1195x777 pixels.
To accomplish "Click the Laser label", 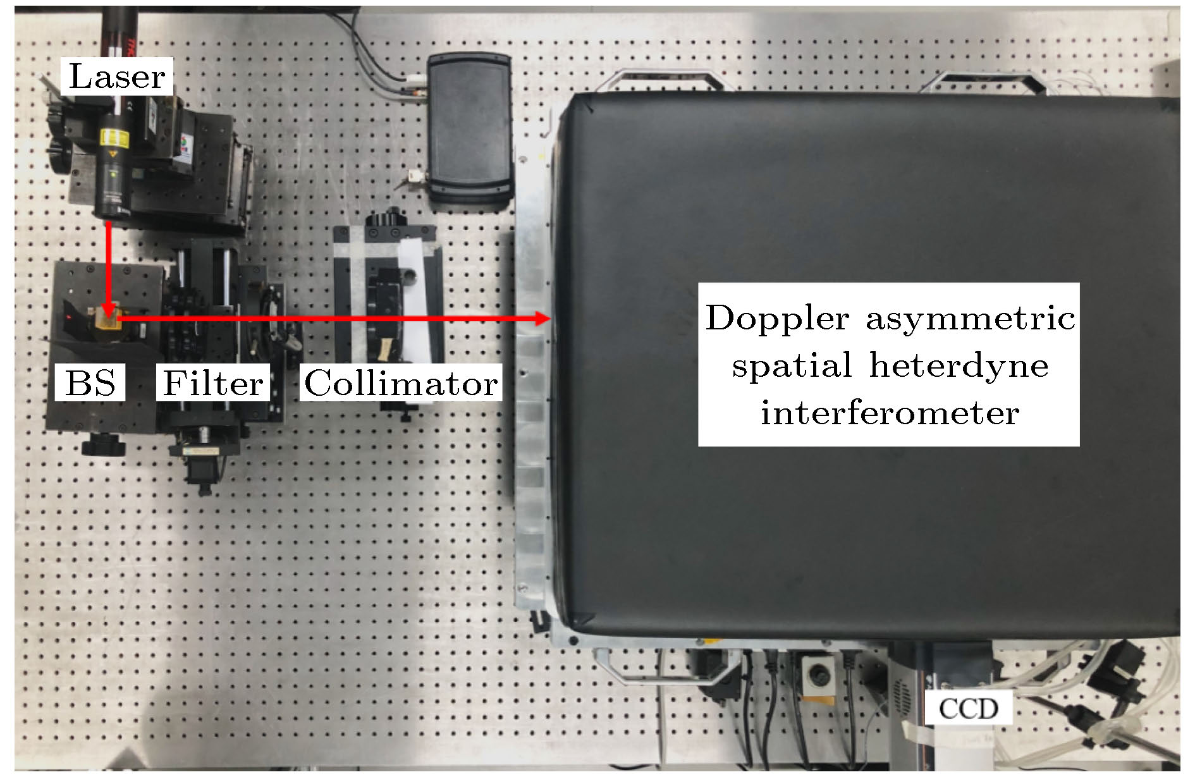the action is click(x=117, y=76).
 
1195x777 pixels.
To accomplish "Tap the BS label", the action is click(x=90, y=382).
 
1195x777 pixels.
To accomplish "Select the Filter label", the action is click(x=213, y=382).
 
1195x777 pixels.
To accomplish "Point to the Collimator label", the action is click(x=401, y=382).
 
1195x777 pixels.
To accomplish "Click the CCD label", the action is click(x=968, y=708).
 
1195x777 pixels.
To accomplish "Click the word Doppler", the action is click(x=777, y=318).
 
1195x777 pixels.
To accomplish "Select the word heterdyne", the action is click(x=959, y=365).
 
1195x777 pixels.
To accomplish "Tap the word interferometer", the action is click(x=890, y=413).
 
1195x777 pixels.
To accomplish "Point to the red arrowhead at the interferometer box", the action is click(x=542, y=319).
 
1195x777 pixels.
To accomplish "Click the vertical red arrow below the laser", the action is click(x=109, y=269).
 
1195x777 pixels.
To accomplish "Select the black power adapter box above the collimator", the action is click(x=469, y=130).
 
